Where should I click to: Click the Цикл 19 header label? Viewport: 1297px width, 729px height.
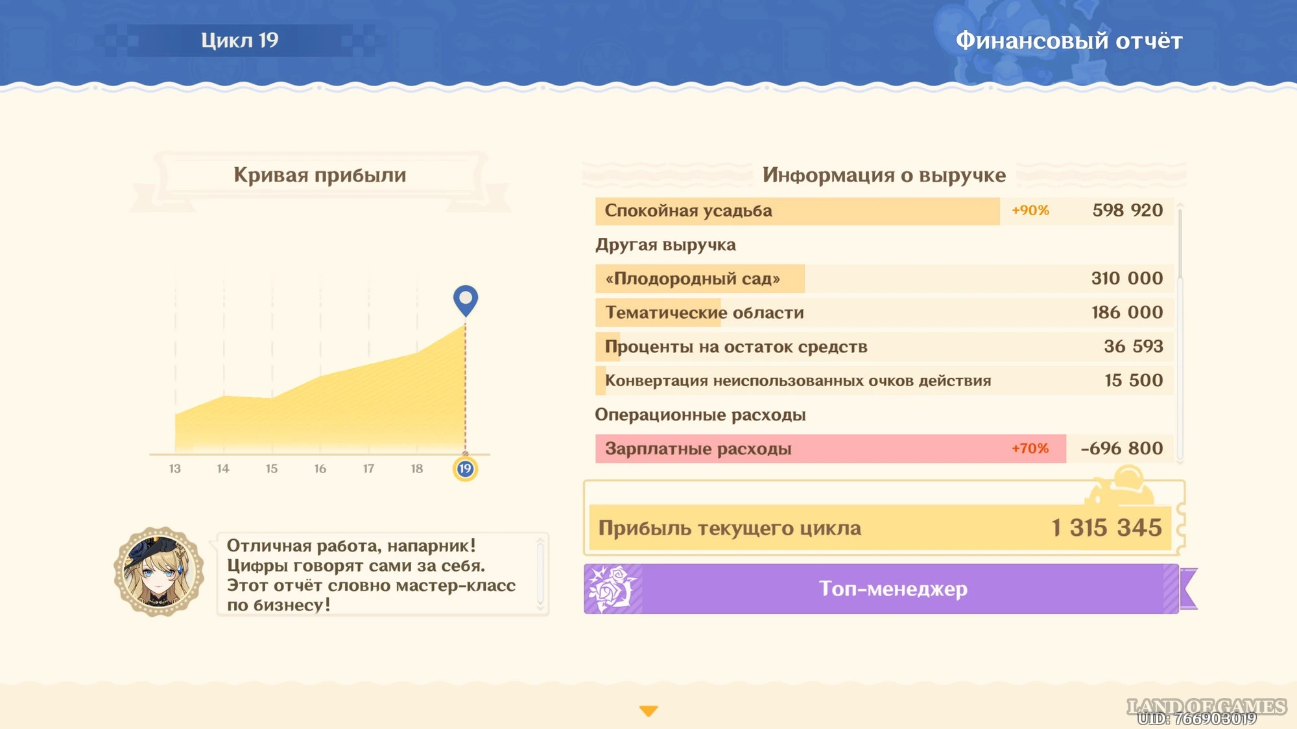tap(239, 40)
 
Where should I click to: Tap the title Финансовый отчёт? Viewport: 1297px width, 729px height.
tap(1069, 41)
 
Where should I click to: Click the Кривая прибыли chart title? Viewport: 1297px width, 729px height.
tap(320, 175)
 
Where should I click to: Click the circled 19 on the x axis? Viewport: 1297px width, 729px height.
tap(465, 469)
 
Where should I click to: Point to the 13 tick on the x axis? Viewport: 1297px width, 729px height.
tap(175, 469)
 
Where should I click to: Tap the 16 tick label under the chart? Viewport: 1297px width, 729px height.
tap(320, 469)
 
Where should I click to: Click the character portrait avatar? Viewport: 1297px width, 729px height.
tap(159, 571)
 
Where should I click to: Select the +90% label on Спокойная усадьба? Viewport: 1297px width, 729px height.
tap(1030, 211)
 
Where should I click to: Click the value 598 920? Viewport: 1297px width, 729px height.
tap(1128, 211)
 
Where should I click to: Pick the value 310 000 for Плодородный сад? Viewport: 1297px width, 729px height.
tap(1127, 279)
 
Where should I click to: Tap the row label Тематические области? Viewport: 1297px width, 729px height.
tap(704, 313)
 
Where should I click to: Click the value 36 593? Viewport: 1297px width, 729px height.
tap(1134, 347)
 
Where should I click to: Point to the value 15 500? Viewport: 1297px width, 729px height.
tap(1134, 380)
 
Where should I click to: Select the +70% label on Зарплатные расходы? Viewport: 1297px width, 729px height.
tap(1030, 448)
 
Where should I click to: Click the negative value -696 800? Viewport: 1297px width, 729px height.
tap(1122, 448)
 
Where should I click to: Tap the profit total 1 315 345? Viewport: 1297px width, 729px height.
tap(1106, 528)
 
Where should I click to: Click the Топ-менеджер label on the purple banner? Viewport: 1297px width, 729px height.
tap(893, 588)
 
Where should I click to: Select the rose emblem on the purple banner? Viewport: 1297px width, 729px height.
tap(611, 588)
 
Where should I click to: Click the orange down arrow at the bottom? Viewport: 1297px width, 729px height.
tap(648, 711)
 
